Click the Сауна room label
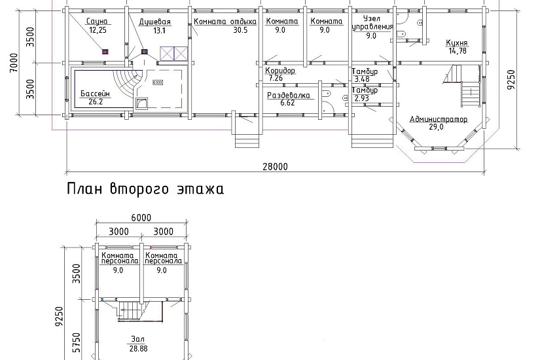coord(97,22)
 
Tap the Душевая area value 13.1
coord(160,31)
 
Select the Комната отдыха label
coord(225,22)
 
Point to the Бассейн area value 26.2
coord(96,102)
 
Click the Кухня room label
coord(457,43)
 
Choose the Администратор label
coord(439,119)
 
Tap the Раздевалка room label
coord(289,96)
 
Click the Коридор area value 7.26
coord(276,78)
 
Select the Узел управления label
coord(372,22)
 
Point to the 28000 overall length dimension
coord(275,167)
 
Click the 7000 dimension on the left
coord(14,63)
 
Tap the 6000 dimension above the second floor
coord(141,218)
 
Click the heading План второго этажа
coord(145,189)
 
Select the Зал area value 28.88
coord(139,349)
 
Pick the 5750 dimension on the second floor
coord(77,342)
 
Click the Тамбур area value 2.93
coord(361,98)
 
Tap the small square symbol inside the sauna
coord(105,52)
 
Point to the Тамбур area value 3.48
coord(362,79)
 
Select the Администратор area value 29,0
coord(437,127)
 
